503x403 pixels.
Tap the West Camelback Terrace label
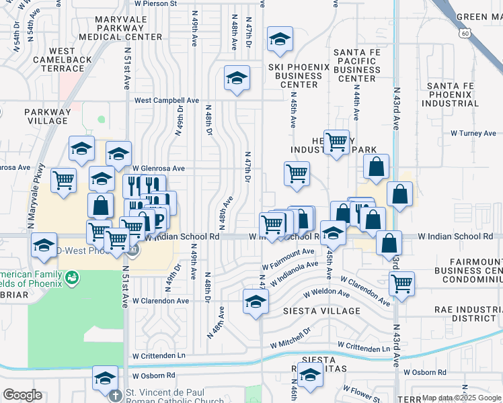(x=63, y=60)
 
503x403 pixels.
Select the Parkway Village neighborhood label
(x=47, y=116)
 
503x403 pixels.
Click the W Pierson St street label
(x=155, y=3)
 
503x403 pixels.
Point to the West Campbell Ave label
(x=167, y=100)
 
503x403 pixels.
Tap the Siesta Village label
(x=312, y=311)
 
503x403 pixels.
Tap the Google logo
(x=22, y=395)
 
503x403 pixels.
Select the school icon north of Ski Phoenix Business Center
(x=280, y=40)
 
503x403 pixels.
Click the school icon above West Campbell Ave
(x=237, y=79)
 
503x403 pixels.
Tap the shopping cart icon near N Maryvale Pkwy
(x=63, y=180)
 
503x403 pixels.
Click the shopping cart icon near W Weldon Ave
(x=401, y=283)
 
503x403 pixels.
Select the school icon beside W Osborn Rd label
(x=106, y=379)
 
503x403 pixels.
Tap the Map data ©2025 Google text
(x=460, y=398)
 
